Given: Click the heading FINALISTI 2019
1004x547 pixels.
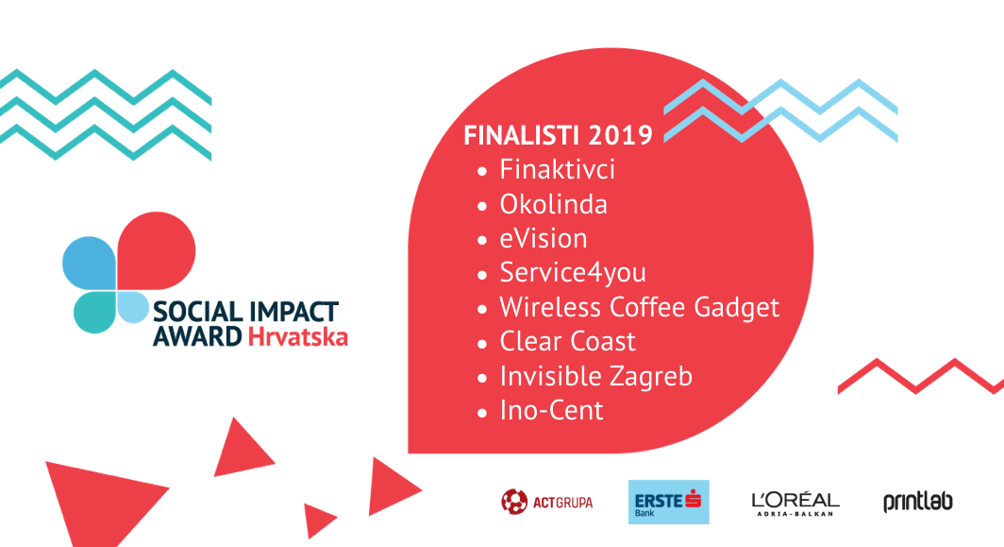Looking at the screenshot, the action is tap(558, 135).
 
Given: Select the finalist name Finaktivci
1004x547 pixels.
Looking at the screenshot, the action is tap(557, 170).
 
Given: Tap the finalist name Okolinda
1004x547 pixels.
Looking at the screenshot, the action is tap(553, 205).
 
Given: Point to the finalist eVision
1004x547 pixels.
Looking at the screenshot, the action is tap(543, 239).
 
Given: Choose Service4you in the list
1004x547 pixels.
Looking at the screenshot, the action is tap(573, 273).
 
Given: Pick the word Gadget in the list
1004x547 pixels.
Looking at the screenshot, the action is tap(736, 308).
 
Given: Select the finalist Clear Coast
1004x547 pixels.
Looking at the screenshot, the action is tap(567, 342).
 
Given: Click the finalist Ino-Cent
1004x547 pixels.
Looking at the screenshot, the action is tap(551, 410).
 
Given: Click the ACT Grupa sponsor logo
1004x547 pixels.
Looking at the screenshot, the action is tap(547, 502).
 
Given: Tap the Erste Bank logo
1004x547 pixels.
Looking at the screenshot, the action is tap(668, 502).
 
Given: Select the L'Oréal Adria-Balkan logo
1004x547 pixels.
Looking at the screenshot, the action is tap(795, 504).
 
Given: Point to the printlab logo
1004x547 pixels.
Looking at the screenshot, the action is tap(917, 502).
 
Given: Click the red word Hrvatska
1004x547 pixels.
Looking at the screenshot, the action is tap(298, 336).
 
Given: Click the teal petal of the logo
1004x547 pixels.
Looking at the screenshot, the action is tap(94, 313).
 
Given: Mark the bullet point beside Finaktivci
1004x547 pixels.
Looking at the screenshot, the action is tap(482, 172).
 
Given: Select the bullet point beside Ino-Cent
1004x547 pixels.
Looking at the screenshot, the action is tap(482, 413).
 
